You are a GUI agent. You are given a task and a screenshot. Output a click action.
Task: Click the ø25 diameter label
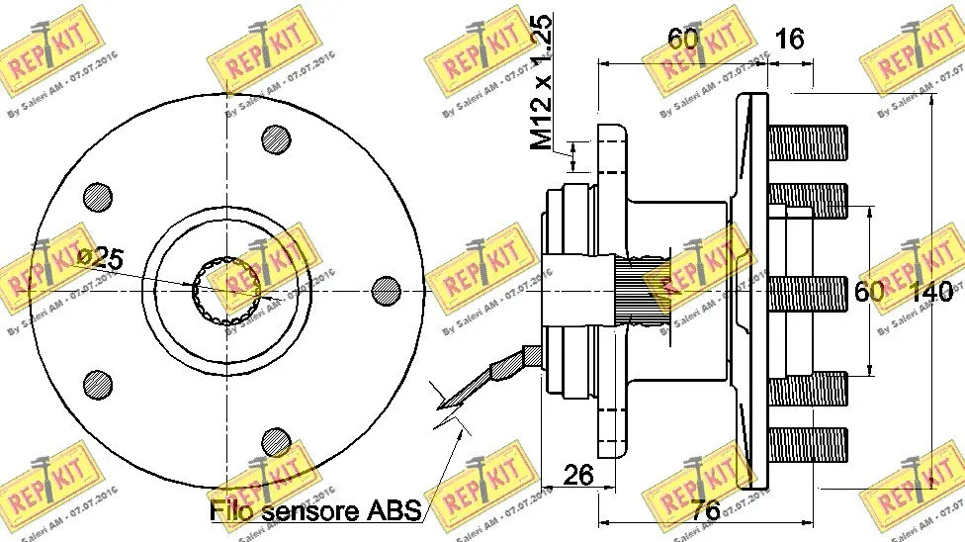99,260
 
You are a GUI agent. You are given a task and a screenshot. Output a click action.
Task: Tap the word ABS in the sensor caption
393,510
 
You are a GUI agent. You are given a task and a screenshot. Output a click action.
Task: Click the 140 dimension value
931,292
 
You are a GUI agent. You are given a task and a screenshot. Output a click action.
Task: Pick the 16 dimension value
790,39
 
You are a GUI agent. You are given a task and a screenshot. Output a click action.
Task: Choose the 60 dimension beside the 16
683,39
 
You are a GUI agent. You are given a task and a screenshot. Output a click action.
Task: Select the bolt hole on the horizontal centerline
386,290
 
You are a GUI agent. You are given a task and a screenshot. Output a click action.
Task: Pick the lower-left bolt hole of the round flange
97,383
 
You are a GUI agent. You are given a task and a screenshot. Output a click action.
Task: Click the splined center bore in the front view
226,290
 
